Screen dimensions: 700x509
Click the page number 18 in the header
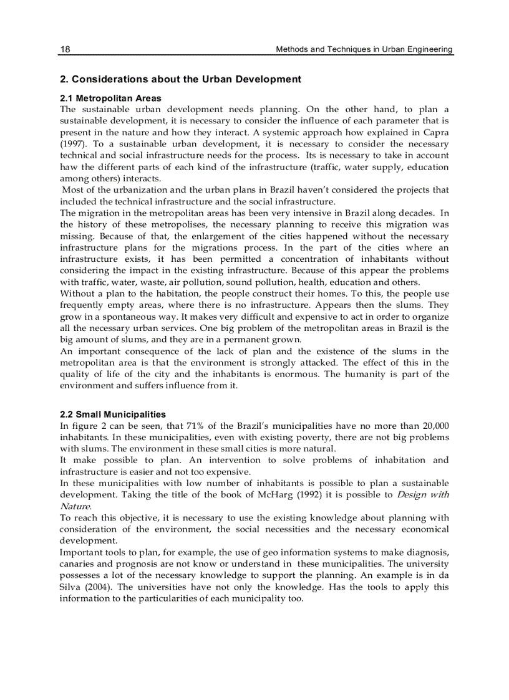65,49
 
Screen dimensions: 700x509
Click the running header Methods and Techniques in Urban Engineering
364,49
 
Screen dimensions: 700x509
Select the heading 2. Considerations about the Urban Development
180,79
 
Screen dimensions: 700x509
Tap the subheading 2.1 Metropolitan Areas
110,98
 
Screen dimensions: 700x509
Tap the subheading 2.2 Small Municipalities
113,414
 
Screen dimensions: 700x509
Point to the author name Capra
436,132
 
